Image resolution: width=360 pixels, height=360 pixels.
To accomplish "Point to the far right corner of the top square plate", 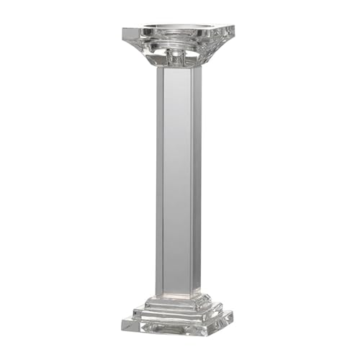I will pyautogui.click(x=235, y=29).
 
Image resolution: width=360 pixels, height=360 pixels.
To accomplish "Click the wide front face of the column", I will pyautogui.click(x=177, y=180).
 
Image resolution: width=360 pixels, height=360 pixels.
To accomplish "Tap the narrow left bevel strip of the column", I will pyautogui.click(x=158, y=180).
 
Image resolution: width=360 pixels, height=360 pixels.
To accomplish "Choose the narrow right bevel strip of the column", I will pyautogui.click(x=197, y=180).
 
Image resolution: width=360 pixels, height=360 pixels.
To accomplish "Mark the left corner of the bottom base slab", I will pyautogui.click(x=122, y=322).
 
